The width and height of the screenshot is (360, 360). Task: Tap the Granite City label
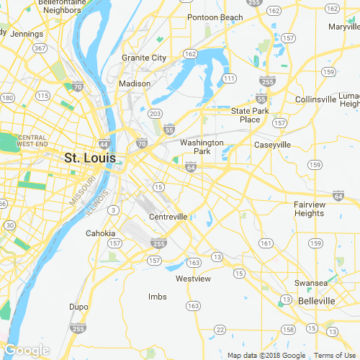[144, 58]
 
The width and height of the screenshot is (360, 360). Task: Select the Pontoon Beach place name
[215, 17]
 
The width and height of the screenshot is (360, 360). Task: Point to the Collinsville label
[315, 99]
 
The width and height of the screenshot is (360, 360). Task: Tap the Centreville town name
[168, 216]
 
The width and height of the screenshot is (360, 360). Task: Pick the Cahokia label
[100, 233]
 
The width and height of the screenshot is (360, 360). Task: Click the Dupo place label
[78, 306]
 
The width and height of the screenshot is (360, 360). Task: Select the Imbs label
[157, 297]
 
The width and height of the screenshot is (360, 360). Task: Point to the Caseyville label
[273, 145]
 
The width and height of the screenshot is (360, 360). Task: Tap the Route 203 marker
[154, 113]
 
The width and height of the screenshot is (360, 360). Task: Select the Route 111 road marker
[229, 78]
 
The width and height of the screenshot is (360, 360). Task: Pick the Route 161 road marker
[266, 243]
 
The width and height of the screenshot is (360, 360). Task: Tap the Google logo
[26, 351]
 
